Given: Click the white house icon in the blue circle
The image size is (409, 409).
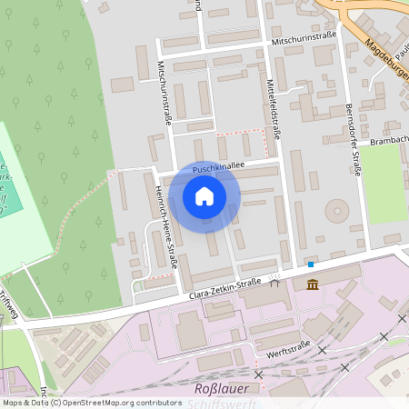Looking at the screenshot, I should coord(204,196).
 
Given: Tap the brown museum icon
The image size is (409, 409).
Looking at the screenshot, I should coord(313,285).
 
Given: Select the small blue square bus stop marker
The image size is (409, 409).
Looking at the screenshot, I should coord(311,264).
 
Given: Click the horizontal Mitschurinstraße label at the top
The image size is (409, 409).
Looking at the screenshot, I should coord(304,42).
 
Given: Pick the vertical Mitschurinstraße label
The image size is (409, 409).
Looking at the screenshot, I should coord(164,92).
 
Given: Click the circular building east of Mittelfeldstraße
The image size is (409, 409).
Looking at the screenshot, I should coord(337,211).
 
